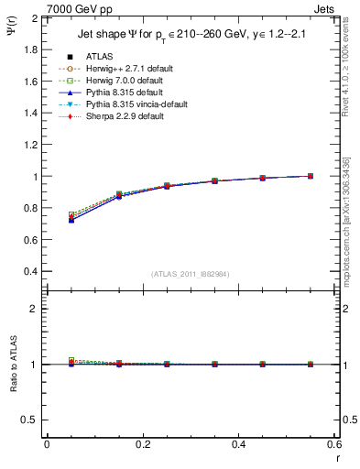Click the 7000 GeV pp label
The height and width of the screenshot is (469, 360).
pos(80,9)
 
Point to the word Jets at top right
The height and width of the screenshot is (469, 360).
pos(327,9)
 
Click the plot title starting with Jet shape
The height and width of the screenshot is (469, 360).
pos(192,35)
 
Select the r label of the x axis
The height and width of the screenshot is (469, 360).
pos(338,458)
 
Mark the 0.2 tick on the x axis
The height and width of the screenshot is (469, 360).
pos(143,444)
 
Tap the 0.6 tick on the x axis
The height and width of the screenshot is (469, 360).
pos(334,444)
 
